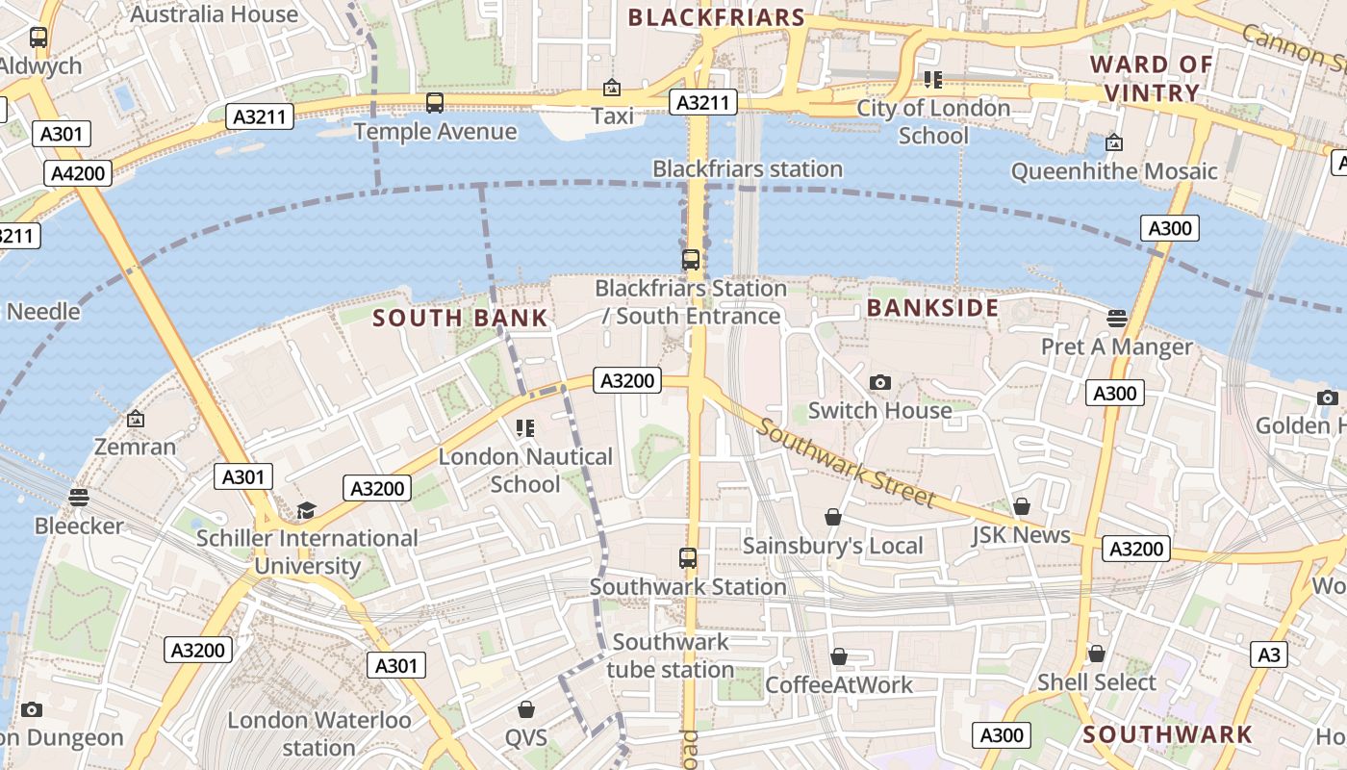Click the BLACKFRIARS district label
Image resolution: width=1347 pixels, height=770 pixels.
pos(716,17)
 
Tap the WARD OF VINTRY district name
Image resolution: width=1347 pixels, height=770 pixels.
pos(1151,79)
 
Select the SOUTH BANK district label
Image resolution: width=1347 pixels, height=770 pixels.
pos(460,318)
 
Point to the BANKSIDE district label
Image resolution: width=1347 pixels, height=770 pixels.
pos(932,308)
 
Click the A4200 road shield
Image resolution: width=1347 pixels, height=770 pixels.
pos(78,173)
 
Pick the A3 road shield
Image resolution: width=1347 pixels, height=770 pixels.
pos(1269,654)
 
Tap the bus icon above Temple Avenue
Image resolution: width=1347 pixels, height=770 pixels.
pos(435,103)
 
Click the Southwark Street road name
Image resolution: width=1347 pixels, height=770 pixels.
pos(845,462)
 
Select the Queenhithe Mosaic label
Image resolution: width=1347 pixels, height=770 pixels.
pos(1114,171)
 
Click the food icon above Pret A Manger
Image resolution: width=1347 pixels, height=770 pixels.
pos(1116,318)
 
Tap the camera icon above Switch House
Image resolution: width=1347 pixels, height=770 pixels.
pos(879,383)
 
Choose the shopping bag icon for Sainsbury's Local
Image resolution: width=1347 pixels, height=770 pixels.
pos(833,518)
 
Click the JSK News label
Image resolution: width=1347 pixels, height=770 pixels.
pos(1021,535)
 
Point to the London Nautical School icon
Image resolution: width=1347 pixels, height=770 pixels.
pos(525,428)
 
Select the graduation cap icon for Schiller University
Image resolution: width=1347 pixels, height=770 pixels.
pos(306,510)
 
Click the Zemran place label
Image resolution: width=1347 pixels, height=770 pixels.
pos(135,447)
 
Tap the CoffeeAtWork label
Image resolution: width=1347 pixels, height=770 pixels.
pos(838,685)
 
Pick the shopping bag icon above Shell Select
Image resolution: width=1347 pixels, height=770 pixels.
pos(1096,654)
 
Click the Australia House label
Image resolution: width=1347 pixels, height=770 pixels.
pos(214,14)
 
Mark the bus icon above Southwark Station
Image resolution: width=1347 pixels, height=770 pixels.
pos(687,558)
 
